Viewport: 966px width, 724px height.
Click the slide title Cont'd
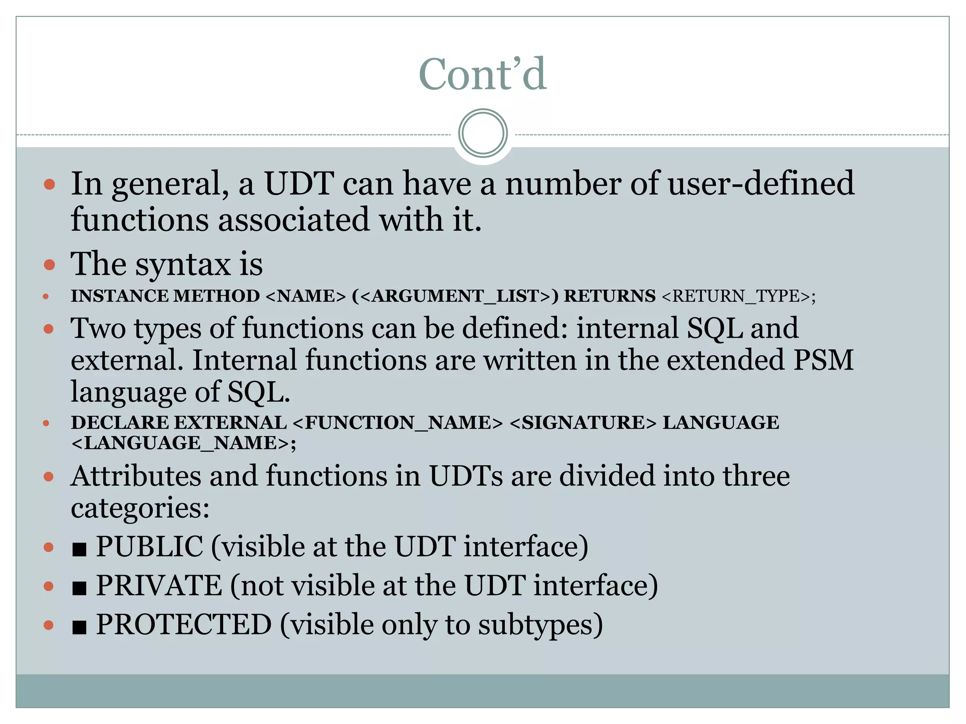coord(483,74)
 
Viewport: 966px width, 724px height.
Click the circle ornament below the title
coord(483,133)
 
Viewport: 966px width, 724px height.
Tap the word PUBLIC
coord(150,547)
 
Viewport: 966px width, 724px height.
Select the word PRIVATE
coord(159,586)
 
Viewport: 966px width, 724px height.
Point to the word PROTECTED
coord(184,625)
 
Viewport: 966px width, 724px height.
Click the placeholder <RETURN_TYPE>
coord(739,296)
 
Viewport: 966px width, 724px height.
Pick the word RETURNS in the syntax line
coord(609,296)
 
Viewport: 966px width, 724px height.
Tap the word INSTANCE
coord(119,296)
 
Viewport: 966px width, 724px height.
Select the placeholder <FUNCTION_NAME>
coord(398,423)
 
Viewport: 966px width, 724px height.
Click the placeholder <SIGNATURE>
coord(583,423)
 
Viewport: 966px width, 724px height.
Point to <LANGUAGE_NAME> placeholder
coord(183,444)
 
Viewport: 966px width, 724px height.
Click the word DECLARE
coord(119,423)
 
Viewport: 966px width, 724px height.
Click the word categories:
coord(140,508)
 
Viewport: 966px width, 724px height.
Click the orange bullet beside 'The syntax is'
coord(49,264)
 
